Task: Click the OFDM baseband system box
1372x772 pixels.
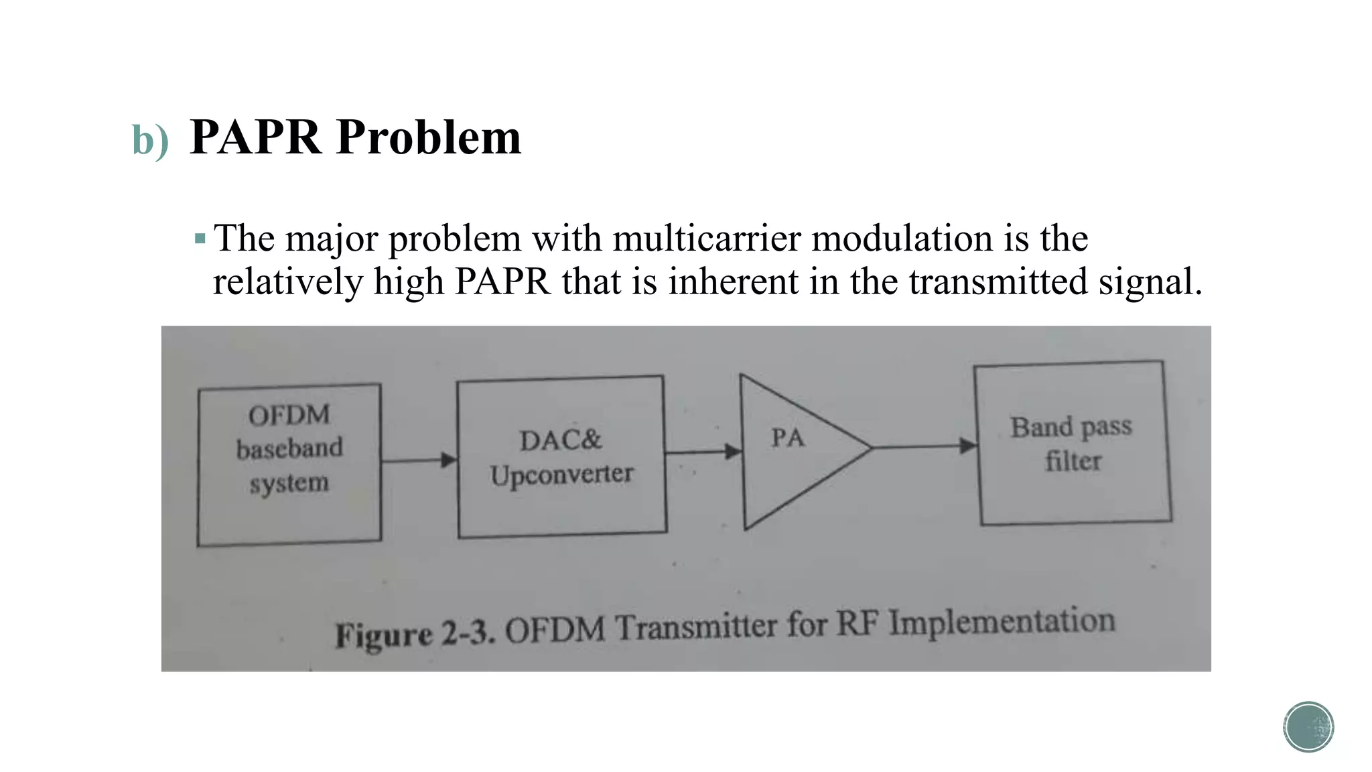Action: [x=289, y=464]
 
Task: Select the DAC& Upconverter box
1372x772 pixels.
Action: [x=561, y=457]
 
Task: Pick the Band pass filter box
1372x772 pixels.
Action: [x=1072, y=443]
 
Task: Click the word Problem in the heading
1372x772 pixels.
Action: [x=429, y=137]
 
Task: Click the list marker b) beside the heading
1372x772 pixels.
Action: [x=150, y=140]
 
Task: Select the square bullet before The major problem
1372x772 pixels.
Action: [x=200, y=239]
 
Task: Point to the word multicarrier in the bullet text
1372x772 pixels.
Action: [x=707, y=239]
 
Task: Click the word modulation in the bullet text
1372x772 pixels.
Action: [x=902, y=239]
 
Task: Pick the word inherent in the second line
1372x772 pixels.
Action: [x=733, y=281]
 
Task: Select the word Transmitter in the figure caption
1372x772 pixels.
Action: [x=695, y=627]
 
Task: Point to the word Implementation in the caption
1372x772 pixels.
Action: [x=1002, y=622]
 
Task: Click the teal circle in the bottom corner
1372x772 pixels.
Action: [x=1308, y=726]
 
